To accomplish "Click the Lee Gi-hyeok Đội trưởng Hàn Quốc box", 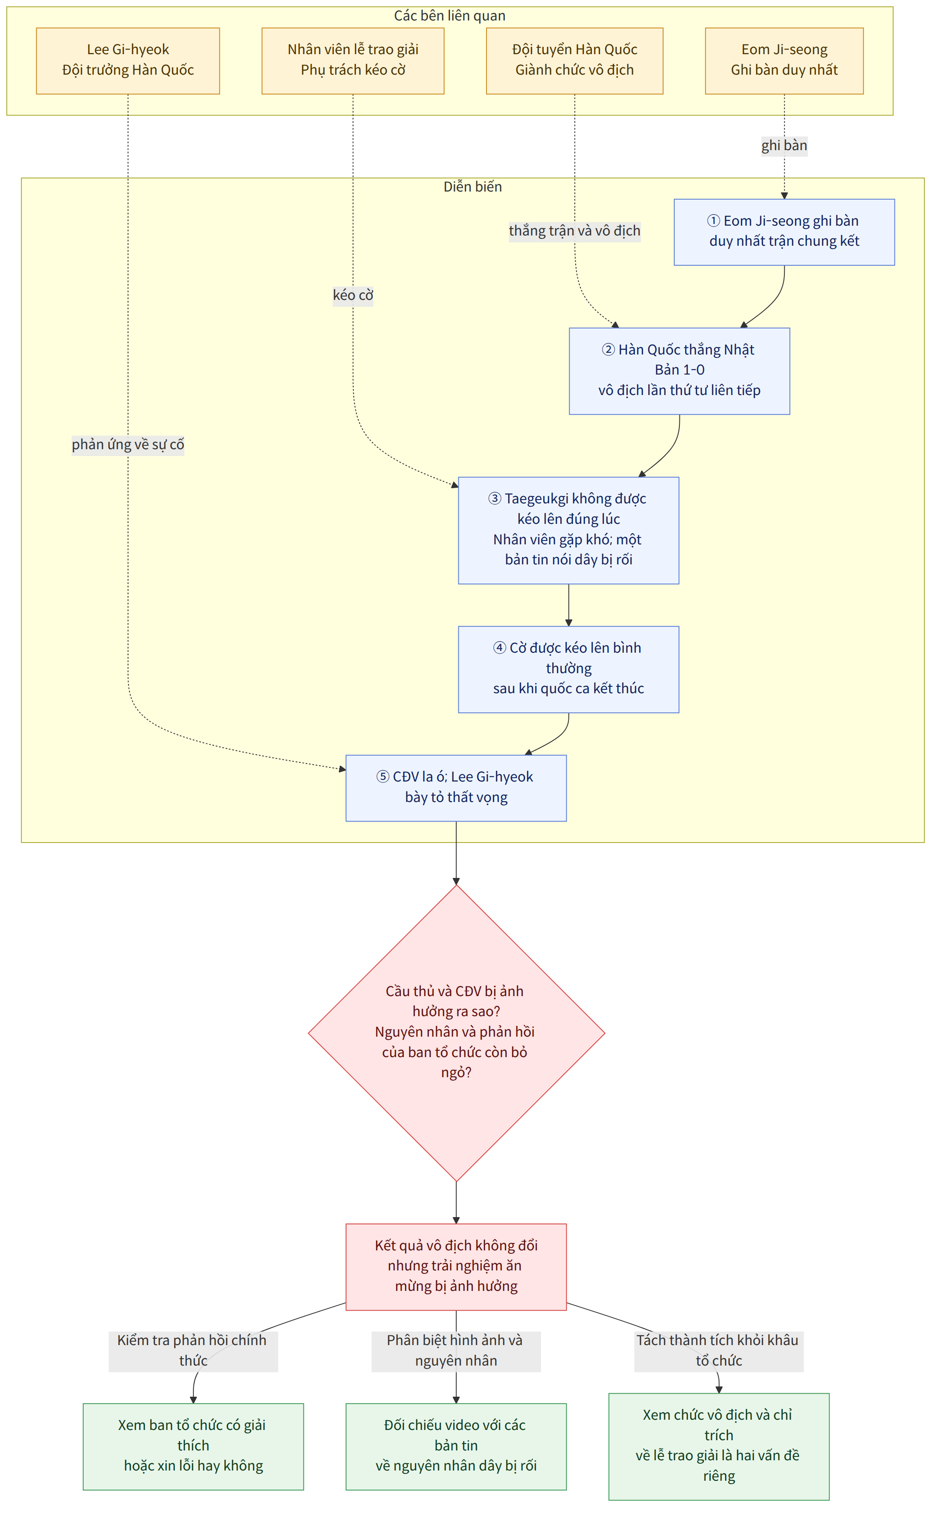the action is [128, 61].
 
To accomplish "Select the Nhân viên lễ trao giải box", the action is [353, 61].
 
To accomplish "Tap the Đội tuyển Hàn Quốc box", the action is [574, 61].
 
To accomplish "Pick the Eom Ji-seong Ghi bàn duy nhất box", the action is [784, 61].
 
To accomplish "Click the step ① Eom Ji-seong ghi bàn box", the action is [784, 232].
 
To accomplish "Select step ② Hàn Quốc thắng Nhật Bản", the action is [679, 371].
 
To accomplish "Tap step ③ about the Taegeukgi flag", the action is [568, 530].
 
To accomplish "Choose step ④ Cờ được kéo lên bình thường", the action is [568, 669].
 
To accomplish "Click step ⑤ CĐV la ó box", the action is [456, 788].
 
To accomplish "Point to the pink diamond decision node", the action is [456, 1033].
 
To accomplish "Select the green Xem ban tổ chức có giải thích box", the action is [193, 1446].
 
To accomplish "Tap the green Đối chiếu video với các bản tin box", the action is [456, 1446].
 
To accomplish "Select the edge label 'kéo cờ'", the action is [353, 295].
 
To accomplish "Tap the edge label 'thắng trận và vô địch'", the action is [574, 231].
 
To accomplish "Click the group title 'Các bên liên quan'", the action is [450, 15].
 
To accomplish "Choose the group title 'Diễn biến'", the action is [473, 187].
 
